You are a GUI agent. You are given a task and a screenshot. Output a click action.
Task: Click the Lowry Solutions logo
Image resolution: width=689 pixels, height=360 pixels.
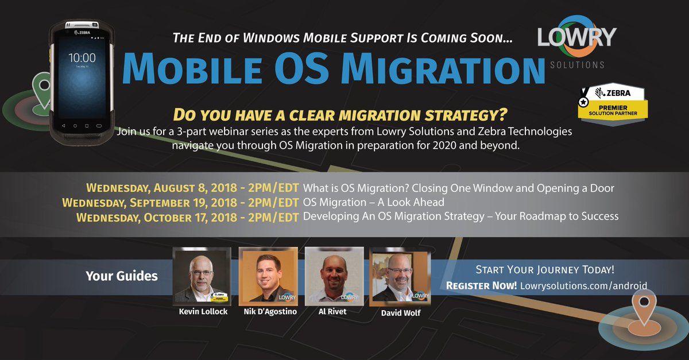576,44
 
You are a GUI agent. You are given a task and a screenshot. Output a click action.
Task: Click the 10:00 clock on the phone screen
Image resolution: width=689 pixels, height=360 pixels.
82,58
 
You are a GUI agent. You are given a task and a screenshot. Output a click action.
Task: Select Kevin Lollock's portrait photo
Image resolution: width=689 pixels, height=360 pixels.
202,275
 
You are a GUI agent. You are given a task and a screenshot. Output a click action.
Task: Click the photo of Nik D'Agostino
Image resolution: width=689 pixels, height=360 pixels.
268,275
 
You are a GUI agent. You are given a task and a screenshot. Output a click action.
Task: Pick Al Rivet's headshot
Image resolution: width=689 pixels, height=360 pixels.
334,275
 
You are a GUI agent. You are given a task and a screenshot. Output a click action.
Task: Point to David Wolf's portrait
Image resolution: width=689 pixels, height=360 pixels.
400,277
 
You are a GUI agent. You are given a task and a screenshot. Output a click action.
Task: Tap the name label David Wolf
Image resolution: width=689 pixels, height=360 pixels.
400,313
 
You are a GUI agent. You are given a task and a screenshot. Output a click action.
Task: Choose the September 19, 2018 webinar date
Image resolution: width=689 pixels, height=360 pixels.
180,202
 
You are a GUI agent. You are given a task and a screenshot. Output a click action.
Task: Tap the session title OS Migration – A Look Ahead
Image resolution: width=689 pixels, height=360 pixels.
373,202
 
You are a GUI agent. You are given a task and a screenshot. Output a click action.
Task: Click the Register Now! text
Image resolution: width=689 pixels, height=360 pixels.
481,285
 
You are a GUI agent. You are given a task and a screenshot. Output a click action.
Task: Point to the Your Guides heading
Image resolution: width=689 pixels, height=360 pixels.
121,276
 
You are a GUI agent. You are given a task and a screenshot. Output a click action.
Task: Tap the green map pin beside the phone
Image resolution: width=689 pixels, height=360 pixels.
42,90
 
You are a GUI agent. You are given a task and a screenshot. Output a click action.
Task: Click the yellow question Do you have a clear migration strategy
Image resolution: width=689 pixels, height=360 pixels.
341,115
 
